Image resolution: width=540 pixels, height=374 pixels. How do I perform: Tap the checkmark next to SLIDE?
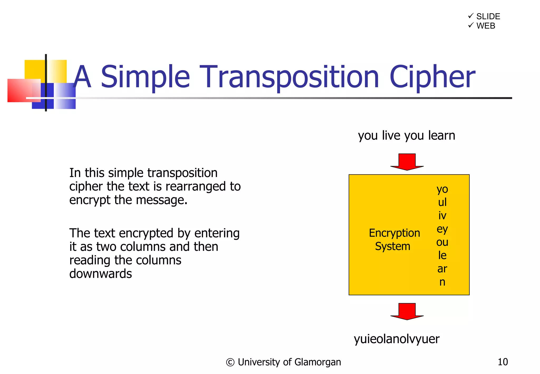click(x=471, y=16)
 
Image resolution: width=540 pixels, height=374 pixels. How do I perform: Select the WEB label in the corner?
click(x=486, y=26)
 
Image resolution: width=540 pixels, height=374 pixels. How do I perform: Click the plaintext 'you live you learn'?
click(x=406, y=136)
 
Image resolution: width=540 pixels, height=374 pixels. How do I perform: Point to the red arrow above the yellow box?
click(x=407, y=162)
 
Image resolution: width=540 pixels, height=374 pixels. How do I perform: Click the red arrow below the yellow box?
click(x=407, y=311)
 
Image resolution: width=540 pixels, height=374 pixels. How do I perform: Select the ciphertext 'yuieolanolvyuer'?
click(x=397, y=339)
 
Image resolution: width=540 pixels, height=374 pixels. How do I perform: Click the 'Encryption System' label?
click(x=394, y=239)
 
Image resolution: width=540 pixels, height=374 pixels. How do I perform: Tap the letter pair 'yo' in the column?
click(x=442, y=189)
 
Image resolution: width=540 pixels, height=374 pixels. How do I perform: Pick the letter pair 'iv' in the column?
click(x=442, y=215)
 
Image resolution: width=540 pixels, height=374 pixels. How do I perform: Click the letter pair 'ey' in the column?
click(x=442, y=229)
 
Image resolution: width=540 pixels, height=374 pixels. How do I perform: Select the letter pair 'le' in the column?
click(x=442, y=255)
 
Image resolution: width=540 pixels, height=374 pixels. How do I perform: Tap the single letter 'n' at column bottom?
click(x=442, y=282)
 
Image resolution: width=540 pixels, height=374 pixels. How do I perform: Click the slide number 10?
click(x=503, y=362)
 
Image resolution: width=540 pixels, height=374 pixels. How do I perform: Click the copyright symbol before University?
click(x=230, y=362)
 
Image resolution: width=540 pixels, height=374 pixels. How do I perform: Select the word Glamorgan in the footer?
click(x=317, y=362)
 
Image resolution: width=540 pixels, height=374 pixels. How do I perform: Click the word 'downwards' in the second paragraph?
click(x=100, y=274)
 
